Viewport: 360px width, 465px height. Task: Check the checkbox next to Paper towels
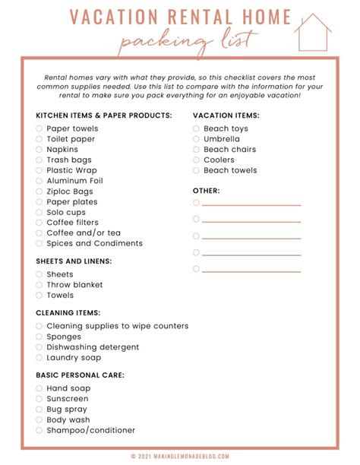(39, 129)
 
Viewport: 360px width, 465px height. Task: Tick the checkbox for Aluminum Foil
(39, 181)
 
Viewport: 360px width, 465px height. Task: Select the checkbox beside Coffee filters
(39, 223)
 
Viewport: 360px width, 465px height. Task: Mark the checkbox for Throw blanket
(39, 285)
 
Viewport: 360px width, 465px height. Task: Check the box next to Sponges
(39, 337)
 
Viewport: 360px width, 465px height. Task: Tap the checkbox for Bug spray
(39, 410)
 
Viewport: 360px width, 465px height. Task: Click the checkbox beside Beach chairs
(196, 150)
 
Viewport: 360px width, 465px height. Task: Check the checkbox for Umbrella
(196, 139)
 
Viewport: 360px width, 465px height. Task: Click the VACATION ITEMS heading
(226, 115)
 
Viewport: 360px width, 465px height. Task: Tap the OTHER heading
(206, 190)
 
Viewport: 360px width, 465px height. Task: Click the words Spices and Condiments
(94, 244)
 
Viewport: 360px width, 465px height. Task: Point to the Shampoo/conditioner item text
(90, 430)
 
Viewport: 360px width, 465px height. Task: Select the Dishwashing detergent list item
(93, 347)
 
